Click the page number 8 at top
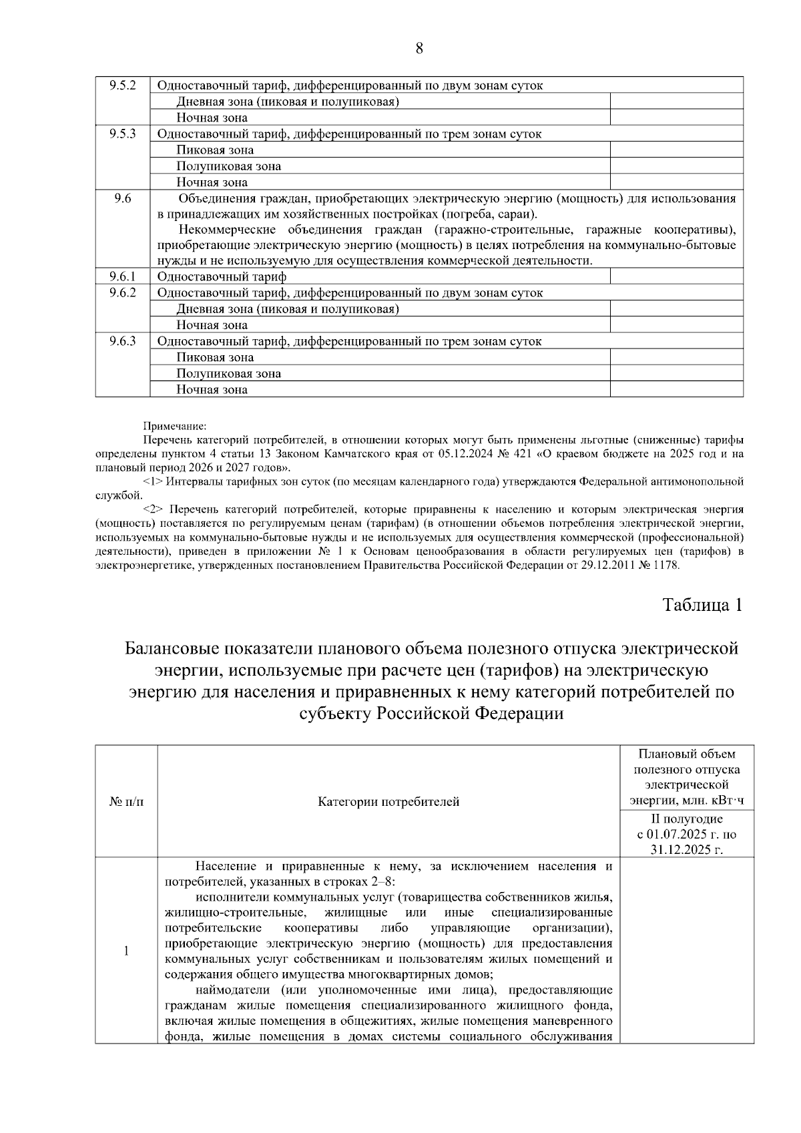(419, 48)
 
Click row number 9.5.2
(123, 85)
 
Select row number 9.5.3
(123, 134)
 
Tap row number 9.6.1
(123, 276)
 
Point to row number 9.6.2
(123, 292)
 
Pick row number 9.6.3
(123, 341)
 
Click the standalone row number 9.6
(123, 198)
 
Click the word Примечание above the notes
(175, 425)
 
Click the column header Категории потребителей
(388, 802)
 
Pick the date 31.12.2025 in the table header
(687, 849)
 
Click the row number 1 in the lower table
(126, 951)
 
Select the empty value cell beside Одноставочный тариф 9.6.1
(676, 276)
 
